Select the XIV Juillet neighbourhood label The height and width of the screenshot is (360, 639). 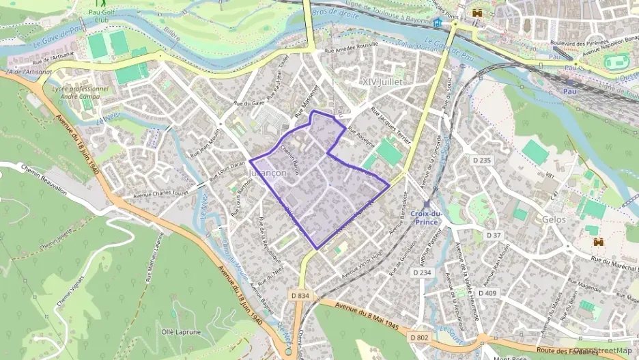tap(382, 82)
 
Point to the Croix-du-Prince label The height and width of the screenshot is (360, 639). tap(427, 217)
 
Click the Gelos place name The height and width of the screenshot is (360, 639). tap(553, 220)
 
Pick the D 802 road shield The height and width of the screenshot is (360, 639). tap(419, 337)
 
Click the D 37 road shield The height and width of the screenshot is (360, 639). tap(494, 234)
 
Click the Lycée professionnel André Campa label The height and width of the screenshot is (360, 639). tap(80, 92)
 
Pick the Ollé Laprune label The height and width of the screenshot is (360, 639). tap(181, 332)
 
